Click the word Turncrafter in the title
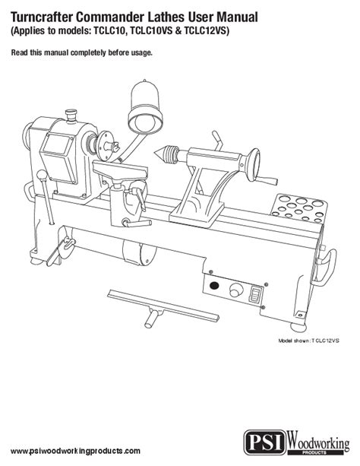41,17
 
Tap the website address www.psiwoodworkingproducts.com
75,451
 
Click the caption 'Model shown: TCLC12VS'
308,341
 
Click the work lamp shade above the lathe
146,107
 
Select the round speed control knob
236,290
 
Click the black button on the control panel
214,286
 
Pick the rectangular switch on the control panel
256,294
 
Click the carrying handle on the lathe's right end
327,267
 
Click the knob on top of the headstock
71,116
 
